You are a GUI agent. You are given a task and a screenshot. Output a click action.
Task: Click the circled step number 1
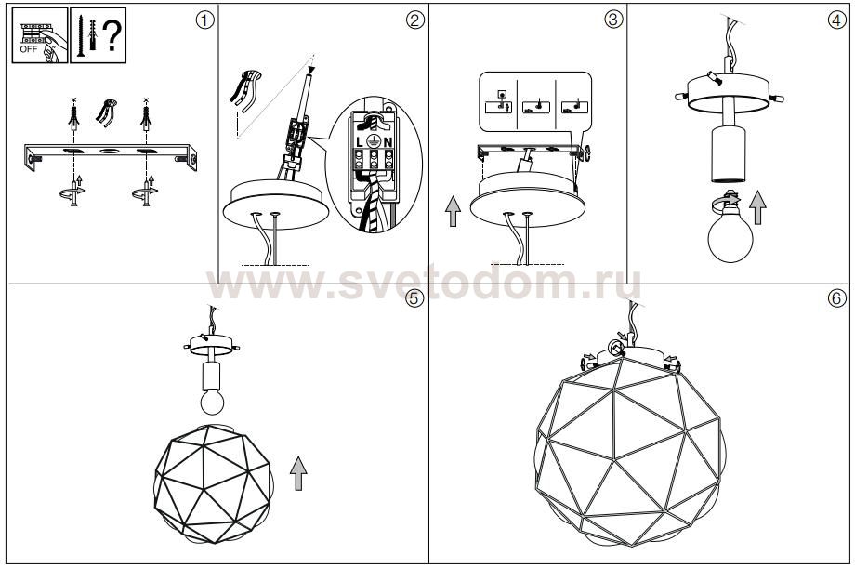click(204, 20)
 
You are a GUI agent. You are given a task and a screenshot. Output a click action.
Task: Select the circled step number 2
click(415, 20)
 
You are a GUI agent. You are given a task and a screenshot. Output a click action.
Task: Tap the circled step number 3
click(612, 20)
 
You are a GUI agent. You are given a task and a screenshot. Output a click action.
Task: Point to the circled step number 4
click(837, 20)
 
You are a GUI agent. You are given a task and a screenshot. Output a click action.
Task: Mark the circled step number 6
click(837, 297)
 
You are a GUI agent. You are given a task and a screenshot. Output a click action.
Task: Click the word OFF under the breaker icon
click(29, 49)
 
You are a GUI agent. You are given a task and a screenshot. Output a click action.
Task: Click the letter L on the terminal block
click(360, 142)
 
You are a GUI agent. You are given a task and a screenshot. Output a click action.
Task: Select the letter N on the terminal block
click(388, 142)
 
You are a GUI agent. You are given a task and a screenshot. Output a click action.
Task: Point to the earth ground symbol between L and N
click(374, 139)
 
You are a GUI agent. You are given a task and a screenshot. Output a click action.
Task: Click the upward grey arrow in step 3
click(453, 211)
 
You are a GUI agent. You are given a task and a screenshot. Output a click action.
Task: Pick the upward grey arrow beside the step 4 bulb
click(757, 208)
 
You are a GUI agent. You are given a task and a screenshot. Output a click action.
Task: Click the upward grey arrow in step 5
click(297, 473)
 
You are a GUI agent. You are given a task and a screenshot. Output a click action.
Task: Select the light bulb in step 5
click(212, 400)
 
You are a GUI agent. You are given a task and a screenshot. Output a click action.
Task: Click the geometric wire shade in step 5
click(213, 483)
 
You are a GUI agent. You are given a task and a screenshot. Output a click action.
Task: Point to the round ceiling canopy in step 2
click(276, 205)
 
